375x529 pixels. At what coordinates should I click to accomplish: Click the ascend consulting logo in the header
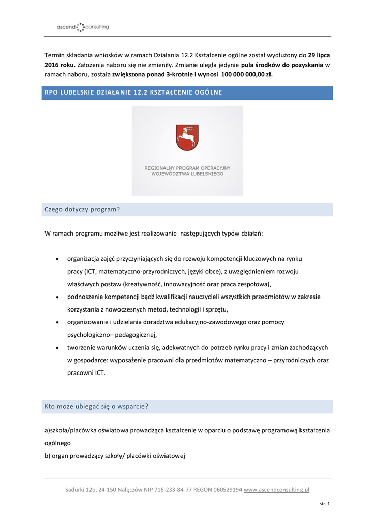click(x=83, y=27)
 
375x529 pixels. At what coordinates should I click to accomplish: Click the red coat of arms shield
click(x=187, y=137)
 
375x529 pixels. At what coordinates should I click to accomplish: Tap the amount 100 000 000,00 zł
click(x=246, y=75)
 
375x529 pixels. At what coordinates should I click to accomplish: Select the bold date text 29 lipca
click(x=319, y=54)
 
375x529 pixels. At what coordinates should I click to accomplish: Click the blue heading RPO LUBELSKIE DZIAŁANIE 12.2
click(x=133, y=92)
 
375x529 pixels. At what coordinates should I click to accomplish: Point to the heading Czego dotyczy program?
click(x=82, y=209)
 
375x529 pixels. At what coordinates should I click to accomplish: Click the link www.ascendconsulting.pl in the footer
click(x=276, y=490)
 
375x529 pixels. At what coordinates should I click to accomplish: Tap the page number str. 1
click(x=325, y=504)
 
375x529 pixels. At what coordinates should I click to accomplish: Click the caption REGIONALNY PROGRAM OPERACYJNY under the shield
click(x=187, y=168)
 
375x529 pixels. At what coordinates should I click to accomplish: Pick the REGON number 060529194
click(x=223, y=490)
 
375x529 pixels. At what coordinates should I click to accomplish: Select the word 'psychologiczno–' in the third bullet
click(x=88, y=335)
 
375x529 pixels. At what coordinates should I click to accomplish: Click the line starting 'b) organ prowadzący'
click(x=114, y=455)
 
